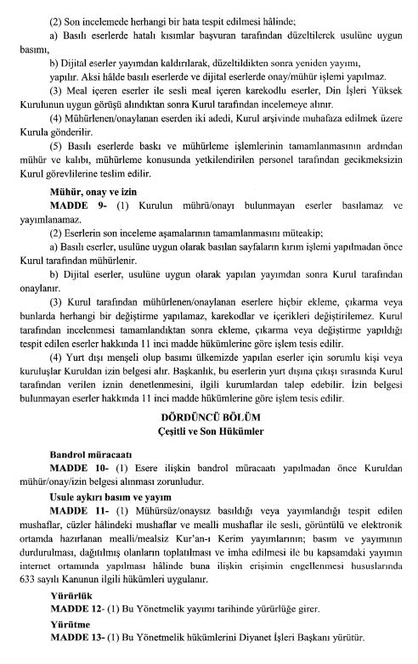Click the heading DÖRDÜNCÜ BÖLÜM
tap(209, 419)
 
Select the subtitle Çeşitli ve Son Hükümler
tap(209, 433)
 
